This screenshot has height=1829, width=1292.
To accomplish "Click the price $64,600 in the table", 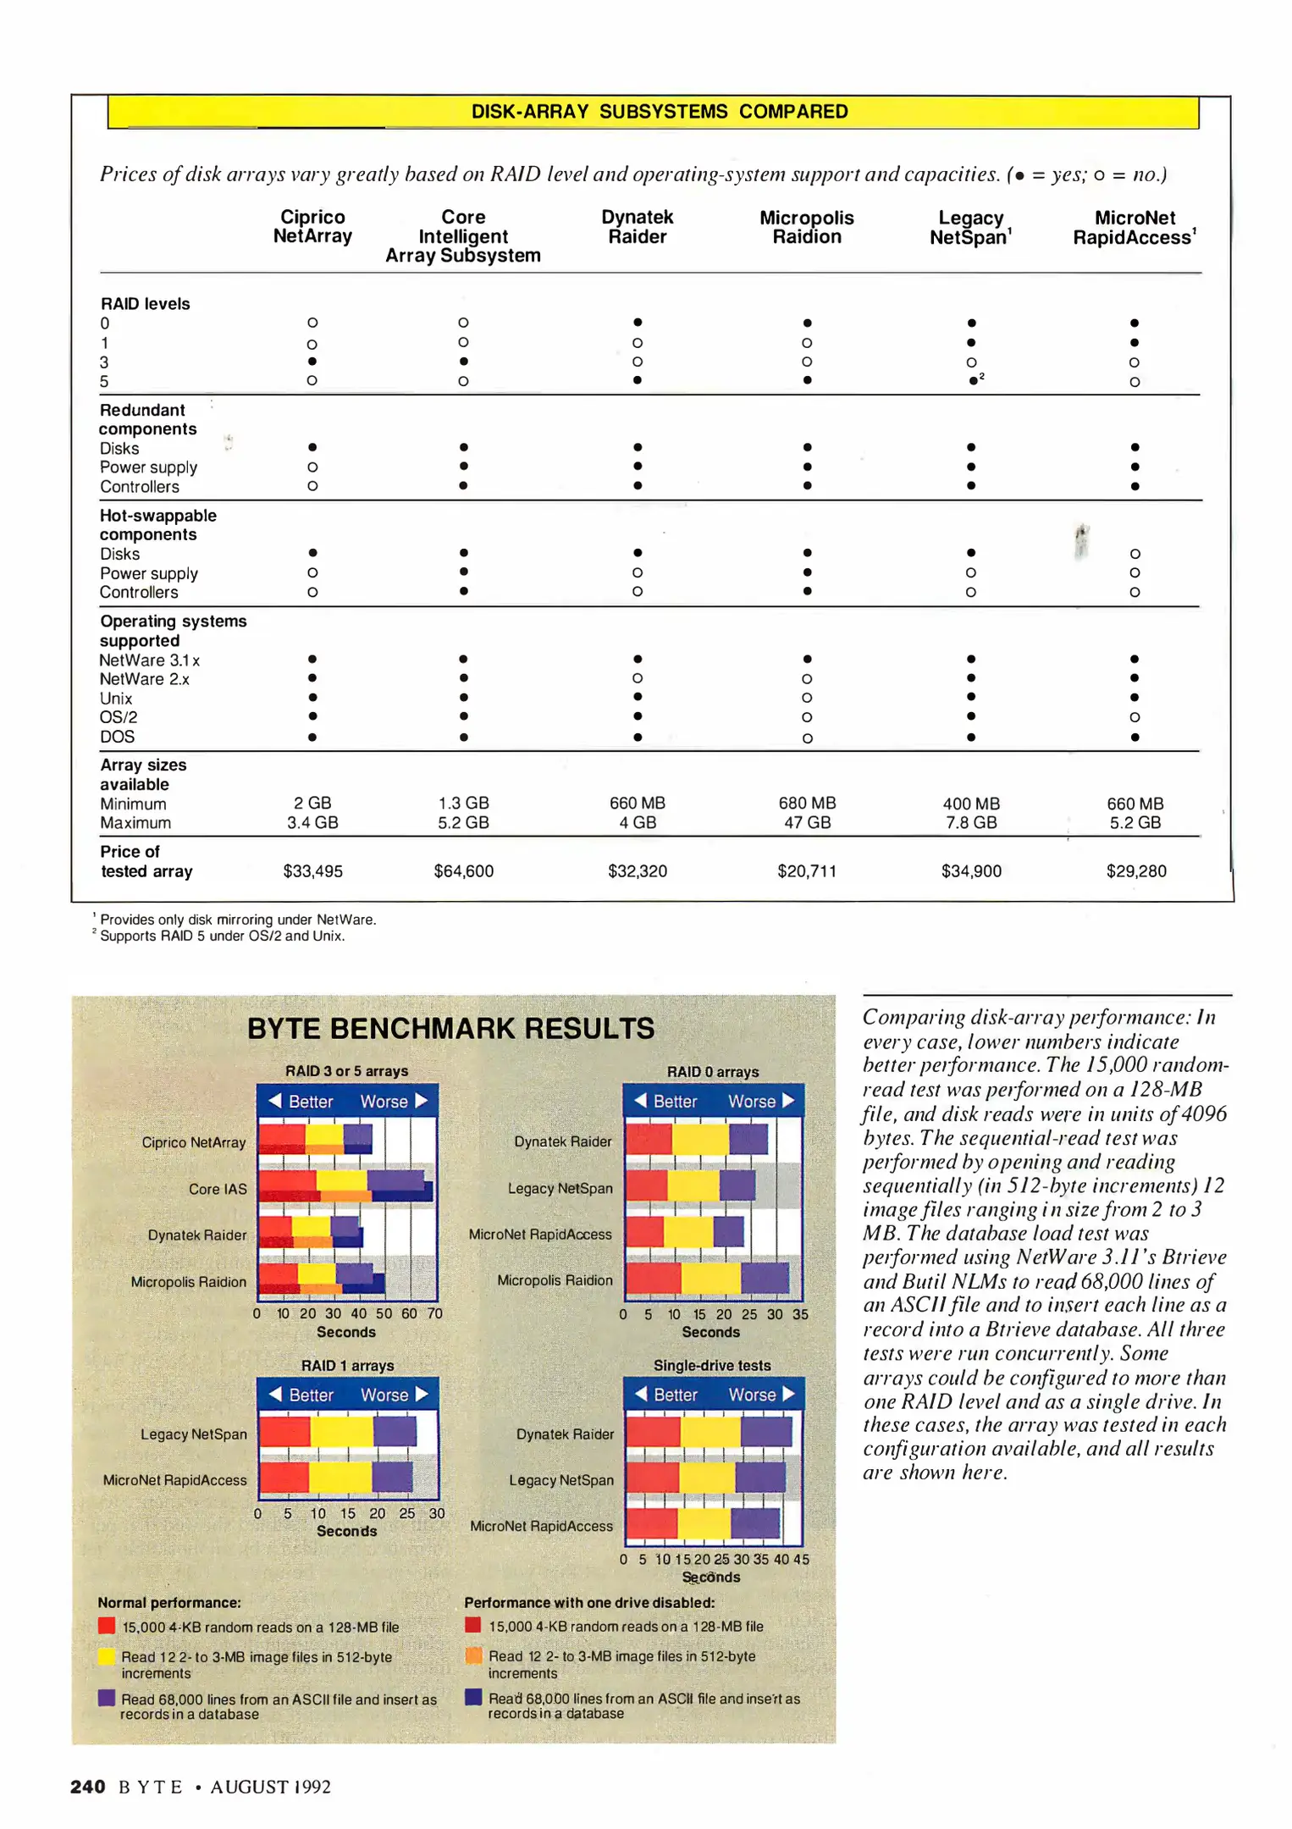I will point(463,871).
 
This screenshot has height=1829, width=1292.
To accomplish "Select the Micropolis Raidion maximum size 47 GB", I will point(806,823).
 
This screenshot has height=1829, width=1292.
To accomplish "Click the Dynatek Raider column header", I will point(637,227).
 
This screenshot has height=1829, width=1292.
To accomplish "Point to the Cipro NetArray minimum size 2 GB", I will point(312,803).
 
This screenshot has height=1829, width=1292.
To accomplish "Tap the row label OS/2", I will point(119,717).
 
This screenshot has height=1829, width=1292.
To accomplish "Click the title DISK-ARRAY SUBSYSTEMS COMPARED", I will point(660,112).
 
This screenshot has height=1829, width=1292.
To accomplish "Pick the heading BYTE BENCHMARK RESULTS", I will point(450,1029).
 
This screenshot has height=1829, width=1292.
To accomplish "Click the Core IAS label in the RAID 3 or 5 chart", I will point(218,1189).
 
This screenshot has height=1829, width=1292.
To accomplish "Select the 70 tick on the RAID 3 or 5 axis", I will point(435,1313).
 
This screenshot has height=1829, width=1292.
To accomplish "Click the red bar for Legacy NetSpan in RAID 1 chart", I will point(284,1432).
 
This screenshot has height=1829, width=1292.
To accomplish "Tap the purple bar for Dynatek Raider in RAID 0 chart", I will point(748,1139).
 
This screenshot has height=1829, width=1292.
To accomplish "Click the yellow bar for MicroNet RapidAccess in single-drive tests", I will point(704,1523).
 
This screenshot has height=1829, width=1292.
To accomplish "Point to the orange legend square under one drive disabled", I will point(474,1655).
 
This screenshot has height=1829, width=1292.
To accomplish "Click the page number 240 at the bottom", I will point(88,1787).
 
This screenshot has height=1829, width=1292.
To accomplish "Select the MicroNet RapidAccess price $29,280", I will point(1135,871).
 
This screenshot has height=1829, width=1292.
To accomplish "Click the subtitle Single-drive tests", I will point(712,1366).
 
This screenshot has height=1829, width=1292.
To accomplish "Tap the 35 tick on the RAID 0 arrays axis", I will point(800,1314).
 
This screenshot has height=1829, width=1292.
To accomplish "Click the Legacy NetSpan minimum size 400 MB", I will point(971,804).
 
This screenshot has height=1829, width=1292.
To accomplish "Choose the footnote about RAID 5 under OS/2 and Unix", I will point(222,936).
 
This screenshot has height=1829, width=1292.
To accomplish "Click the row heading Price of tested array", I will point(146,861).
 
